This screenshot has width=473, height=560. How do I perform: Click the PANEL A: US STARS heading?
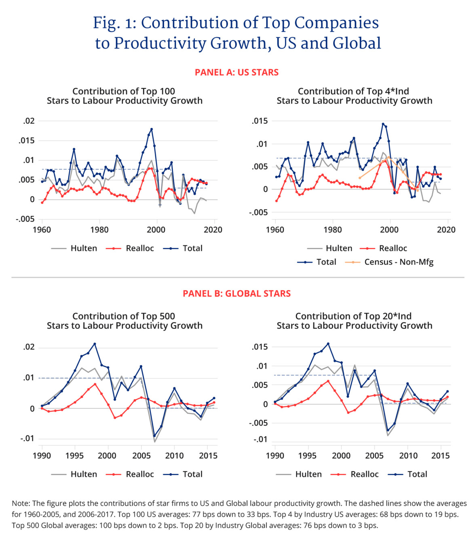[236, 72]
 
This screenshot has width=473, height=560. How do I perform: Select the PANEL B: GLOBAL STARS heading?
[236, 294]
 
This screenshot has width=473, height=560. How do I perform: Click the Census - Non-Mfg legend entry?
[389, 262]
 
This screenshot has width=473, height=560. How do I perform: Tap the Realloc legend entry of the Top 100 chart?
[130, 248]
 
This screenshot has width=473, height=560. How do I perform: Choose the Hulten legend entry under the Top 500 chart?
[74, 474]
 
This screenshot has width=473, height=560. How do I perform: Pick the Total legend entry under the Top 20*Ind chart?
[408, 474]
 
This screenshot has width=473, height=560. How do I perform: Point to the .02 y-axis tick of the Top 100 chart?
[29, 121]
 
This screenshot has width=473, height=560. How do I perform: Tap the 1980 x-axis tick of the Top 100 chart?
[99, 230]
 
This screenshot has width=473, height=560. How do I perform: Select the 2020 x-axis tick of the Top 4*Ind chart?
[446, 230]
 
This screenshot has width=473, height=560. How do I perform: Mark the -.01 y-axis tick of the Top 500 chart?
[27, 439]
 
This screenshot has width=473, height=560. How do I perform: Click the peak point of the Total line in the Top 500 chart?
[95, 344]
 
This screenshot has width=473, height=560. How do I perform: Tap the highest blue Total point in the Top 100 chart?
[152, 129]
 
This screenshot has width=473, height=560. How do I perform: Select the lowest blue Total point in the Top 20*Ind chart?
[388, 430]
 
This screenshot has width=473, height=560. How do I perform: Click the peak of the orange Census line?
[389, 157]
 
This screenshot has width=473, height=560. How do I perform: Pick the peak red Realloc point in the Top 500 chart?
[95, 384]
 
